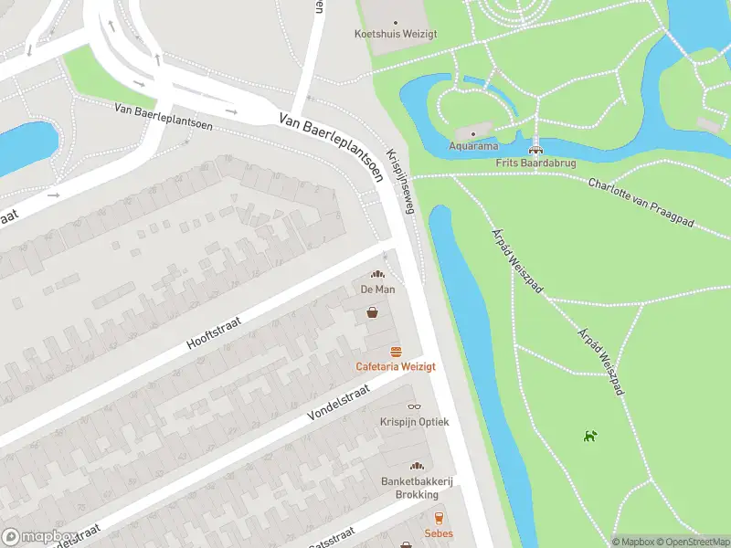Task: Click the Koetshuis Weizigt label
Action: (395, 34)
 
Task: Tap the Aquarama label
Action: (472, 146)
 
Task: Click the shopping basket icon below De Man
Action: (373, 312)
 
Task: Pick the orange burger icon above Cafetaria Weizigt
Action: (396, 352)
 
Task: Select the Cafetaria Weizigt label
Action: (396, 366)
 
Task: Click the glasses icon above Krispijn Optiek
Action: (414, 406)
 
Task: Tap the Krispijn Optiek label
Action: (414, 422)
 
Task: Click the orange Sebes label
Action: (438, 533)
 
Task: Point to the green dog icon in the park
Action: (590, 436)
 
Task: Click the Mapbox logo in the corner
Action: (36, 536)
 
